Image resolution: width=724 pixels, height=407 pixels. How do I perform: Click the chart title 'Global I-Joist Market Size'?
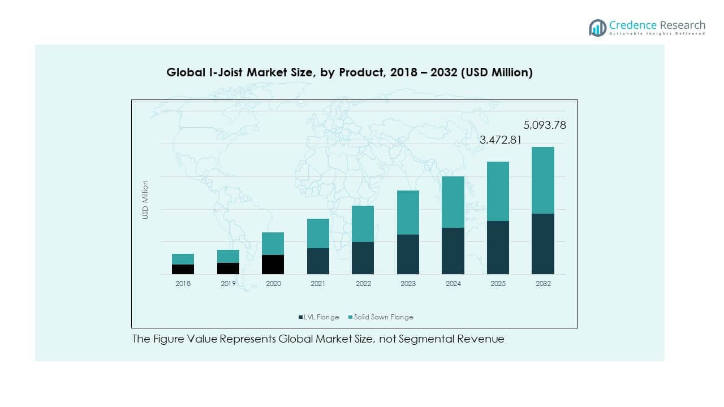[x=349, y=72]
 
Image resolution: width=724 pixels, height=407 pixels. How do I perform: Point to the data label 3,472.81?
[x=501, y=140]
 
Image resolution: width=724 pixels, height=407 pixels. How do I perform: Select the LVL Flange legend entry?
[x=319, y=317]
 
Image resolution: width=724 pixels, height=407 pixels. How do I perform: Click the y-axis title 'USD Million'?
[x=145, y=200]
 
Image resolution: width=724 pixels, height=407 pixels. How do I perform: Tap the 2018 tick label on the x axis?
[x=183, y=284]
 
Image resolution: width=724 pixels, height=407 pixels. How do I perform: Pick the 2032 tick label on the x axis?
[x=542, y=284]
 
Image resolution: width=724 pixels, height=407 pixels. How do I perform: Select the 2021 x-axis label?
[x=318, y=284]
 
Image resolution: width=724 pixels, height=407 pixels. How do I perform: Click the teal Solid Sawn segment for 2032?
[x=542, y=180]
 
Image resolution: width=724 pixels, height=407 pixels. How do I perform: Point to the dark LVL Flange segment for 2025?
[x=498, y=248]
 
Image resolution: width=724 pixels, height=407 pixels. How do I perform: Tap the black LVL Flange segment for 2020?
[x=273, y=265]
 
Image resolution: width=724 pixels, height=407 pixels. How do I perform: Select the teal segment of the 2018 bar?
[x=183, y=259]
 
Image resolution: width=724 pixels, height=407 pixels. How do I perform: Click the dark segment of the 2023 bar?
[x=408, y=254]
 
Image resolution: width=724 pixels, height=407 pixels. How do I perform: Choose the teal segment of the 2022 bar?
[x=363, y=224]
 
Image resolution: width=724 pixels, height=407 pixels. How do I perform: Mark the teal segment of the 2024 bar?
[x=453, y=202]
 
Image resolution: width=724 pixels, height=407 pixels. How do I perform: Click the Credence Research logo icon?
[x=597, y=28]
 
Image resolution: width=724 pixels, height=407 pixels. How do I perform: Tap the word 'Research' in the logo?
[x=682, y=25]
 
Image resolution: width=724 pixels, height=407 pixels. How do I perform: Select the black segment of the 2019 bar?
[x=228, y=269]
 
